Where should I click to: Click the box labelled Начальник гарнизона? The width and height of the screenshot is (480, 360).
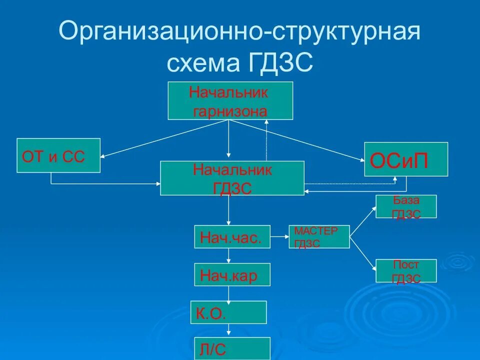coord(230,101)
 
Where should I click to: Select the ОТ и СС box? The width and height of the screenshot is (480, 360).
coord(58,155)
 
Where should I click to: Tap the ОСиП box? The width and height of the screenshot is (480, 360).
coord(405,159)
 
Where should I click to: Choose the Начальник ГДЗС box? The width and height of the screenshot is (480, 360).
coord(232,178)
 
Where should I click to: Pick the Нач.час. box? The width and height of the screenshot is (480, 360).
coord(232,236)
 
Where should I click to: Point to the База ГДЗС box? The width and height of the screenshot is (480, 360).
coord(406,206)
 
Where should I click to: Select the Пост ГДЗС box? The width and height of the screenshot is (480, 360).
coord(406,271)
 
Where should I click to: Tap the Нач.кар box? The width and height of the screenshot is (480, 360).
coord(232,274)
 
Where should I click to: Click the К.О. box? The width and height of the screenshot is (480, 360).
coord(228,312)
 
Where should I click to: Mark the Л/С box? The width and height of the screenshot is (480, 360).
coord(232,348)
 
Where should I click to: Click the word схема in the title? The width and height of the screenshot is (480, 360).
coord(202,63)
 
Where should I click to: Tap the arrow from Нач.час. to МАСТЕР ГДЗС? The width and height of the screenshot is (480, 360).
coord(279,237)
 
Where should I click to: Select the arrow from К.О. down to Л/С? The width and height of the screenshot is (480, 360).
coord(229,330)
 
